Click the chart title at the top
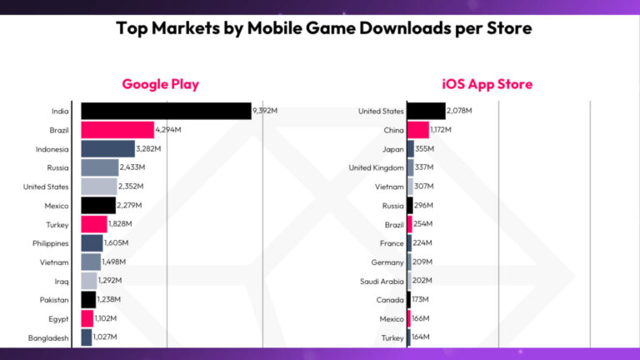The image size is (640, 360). (323, 28)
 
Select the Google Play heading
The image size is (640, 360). (160, 84)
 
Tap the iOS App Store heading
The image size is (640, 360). (487, 84)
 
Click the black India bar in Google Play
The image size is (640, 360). (166, 111)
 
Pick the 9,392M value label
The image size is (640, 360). (265, 111)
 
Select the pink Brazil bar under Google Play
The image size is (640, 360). (117, 130)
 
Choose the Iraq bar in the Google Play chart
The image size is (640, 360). (88, 281)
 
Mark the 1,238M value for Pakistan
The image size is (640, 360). (109, 299)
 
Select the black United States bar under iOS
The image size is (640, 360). (426, 111)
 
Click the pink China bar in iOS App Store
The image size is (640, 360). (417, 130)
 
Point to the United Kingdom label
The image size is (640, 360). (377, 167)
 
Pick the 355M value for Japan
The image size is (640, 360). (424, 148)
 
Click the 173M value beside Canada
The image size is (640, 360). (422, 299)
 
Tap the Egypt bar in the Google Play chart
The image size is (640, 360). (87, 318)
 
